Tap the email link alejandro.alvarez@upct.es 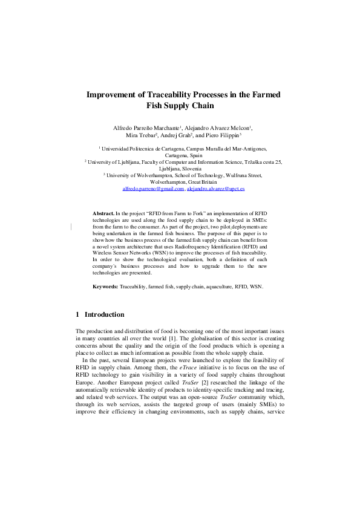point(217,189)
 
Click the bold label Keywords point(105,286)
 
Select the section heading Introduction point(105,314)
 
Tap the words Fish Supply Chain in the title point(180,105)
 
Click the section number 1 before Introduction point(77,314)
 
